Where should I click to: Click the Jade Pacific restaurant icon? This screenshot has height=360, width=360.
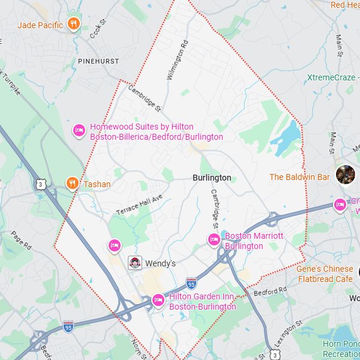click(x=74, y=25)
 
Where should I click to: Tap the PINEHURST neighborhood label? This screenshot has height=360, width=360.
click(x=98, y=61)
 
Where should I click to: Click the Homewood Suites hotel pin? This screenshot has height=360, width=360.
click(x=79, y=131)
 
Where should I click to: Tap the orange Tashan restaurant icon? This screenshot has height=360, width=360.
click(x=72, y=184)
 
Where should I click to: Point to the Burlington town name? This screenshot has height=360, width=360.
click(x=212, y=178)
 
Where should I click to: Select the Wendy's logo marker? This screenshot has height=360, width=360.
click(x=136, y=263)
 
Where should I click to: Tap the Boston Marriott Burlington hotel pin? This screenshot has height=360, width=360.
click(x=214, y=241)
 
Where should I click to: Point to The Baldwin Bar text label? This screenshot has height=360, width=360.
click(x=299, y=177)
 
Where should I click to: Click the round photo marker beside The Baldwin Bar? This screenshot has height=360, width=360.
click(x=345, y=175)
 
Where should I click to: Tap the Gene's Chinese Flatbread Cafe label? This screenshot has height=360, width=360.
click(x=325, y=274)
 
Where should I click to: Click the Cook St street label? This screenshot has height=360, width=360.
click(x=97, y=31)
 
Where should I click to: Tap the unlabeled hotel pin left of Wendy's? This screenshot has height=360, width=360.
click(x=115, y=245)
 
